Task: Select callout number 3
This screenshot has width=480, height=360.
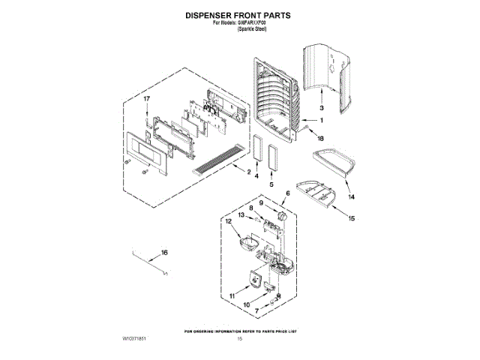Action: point(321,107)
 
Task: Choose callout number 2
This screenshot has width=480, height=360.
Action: point(247,171)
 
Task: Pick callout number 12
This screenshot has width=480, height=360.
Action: point(228,221)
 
